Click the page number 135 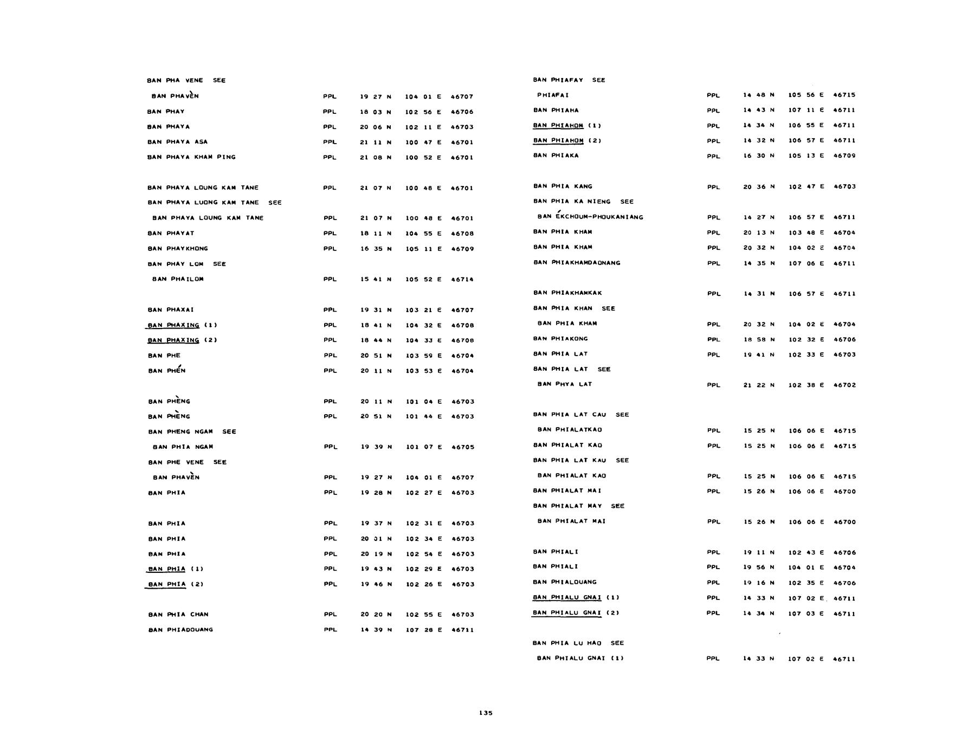(486, 713)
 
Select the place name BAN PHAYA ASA (177, 142)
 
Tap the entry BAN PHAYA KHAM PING (191, 157)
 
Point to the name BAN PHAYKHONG (178, 249)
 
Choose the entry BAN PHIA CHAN (178, 615)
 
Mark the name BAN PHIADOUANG (180, 630)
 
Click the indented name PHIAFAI (553, 95)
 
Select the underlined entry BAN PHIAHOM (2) (567, 141)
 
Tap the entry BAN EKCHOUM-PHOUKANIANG (590, 217)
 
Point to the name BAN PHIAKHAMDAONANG (577, 263)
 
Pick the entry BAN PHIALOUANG (565, 582)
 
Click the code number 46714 (462, 280)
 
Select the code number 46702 (844, 385)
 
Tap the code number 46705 (463, 447)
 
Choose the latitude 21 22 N (759, 385)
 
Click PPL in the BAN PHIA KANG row (714, 187)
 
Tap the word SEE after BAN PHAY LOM (220, 264)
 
